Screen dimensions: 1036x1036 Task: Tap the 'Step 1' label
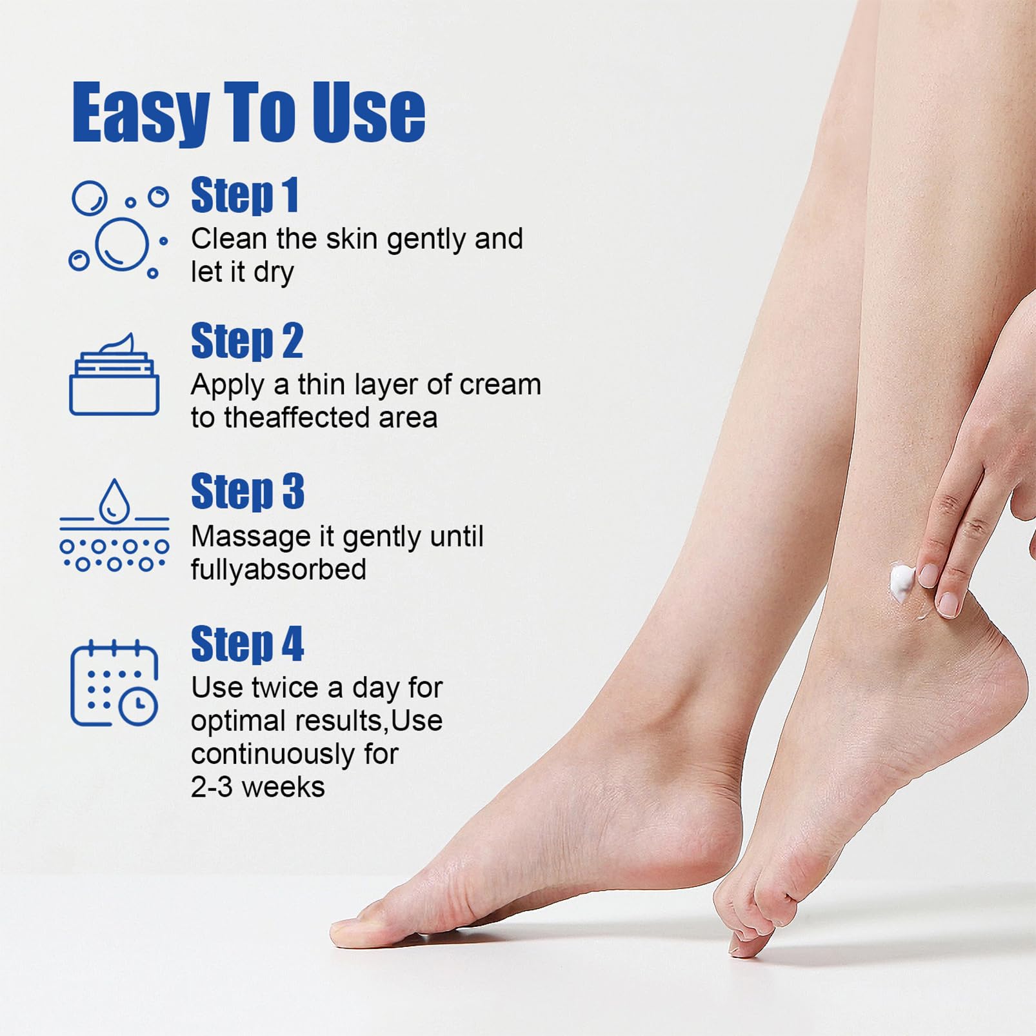(245, 195)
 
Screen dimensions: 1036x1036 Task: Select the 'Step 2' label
(247, 341)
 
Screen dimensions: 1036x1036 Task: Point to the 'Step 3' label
(248, 492)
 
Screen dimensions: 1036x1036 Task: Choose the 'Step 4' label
(248, 644)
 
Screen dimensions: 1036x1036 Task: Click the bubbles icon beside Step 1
(119, 230)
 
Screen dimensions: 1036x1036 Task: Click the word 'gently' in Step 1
(427, 240)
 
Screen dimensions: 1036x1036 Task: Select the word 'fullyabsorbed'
(279, 570)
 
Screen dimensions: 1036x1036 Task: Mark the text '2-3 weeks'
(258, 787)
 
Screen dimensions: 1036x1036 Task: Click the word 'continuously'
(273, 755)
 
